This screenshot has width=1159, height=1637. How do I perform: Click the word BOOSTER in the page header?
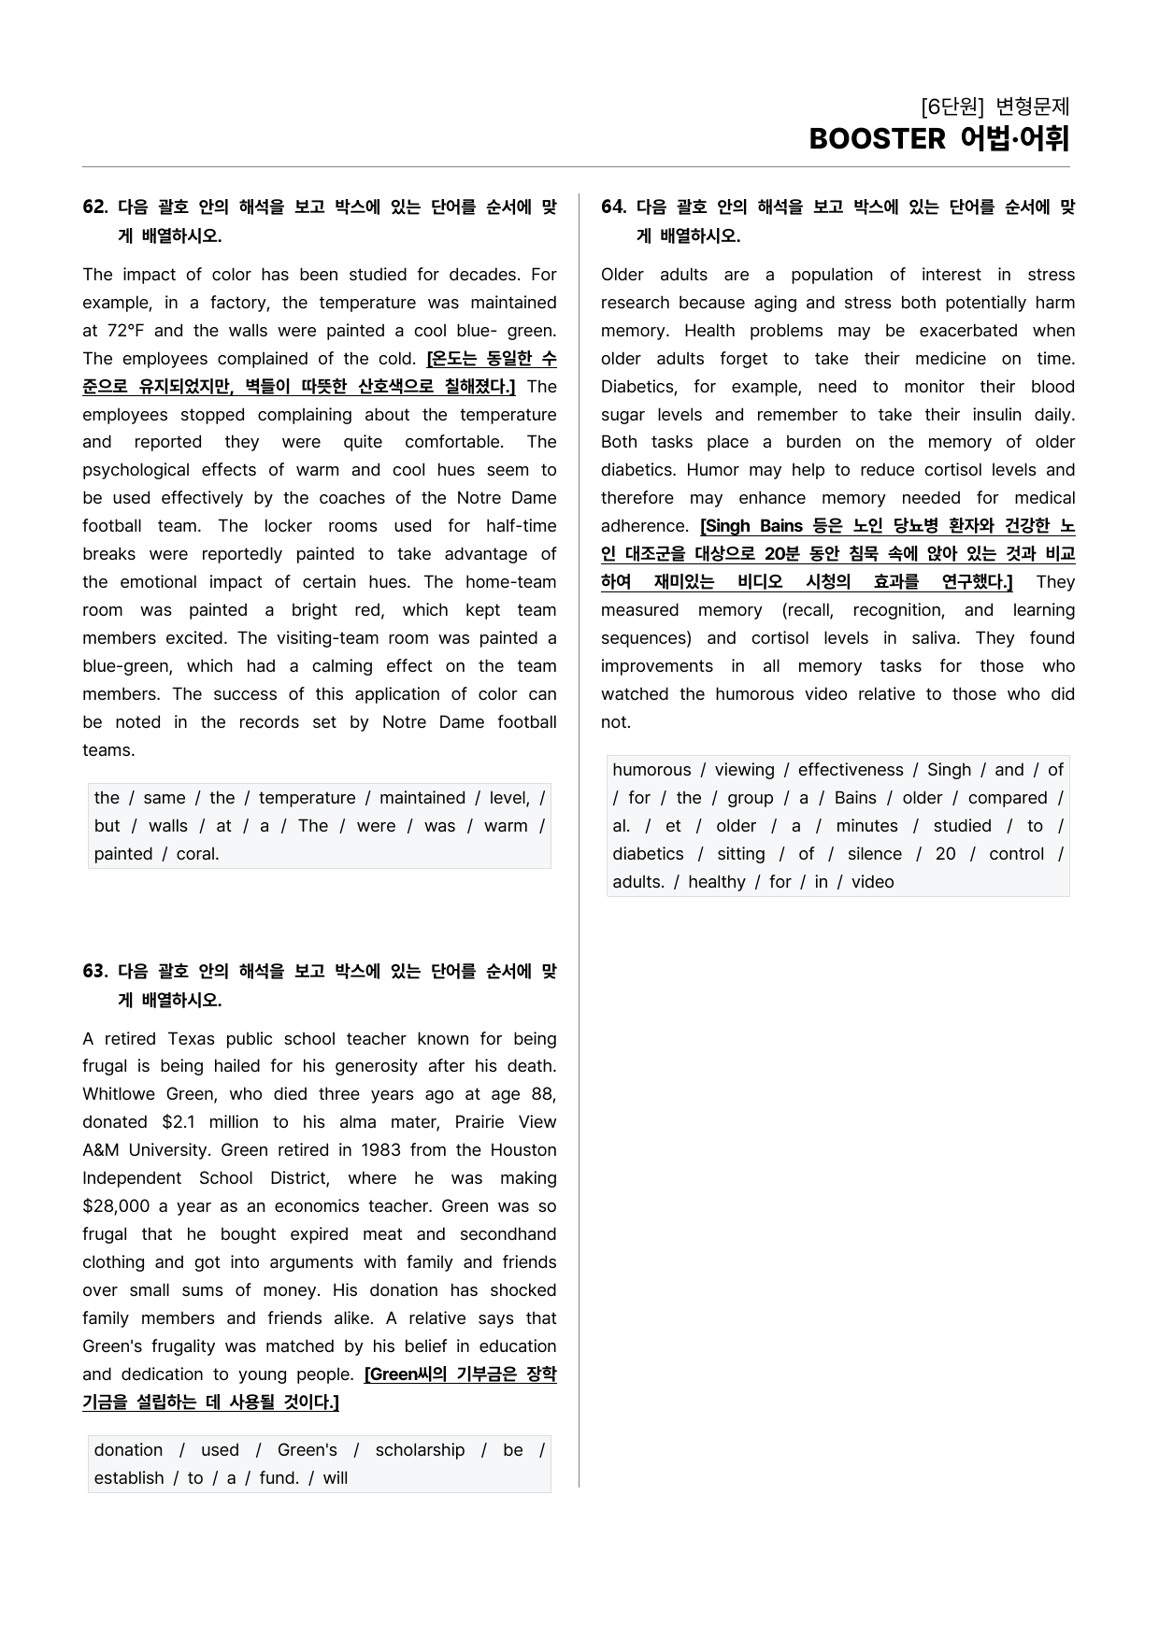pos(877,139)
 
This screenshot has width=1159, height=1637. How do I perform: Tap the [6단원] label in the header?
pos(952,107)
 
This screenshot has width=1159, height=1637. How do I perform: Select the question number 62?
pos(94,207)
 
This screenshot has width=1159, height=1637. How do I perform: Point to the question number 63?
pos(94,972)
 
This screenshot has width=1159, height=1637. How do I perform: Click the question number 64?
pos(613,207)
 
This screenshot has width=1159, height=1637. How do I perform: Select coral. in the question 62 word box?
pos(197,854)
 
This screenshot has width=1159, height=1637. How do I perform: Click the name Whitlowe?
pos(120,1094)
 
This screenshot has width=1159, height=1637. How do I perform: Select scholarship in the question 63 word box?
pos(420,1450)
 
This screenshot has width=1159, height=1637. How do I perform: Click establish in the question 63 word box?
pos(129,1478)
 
